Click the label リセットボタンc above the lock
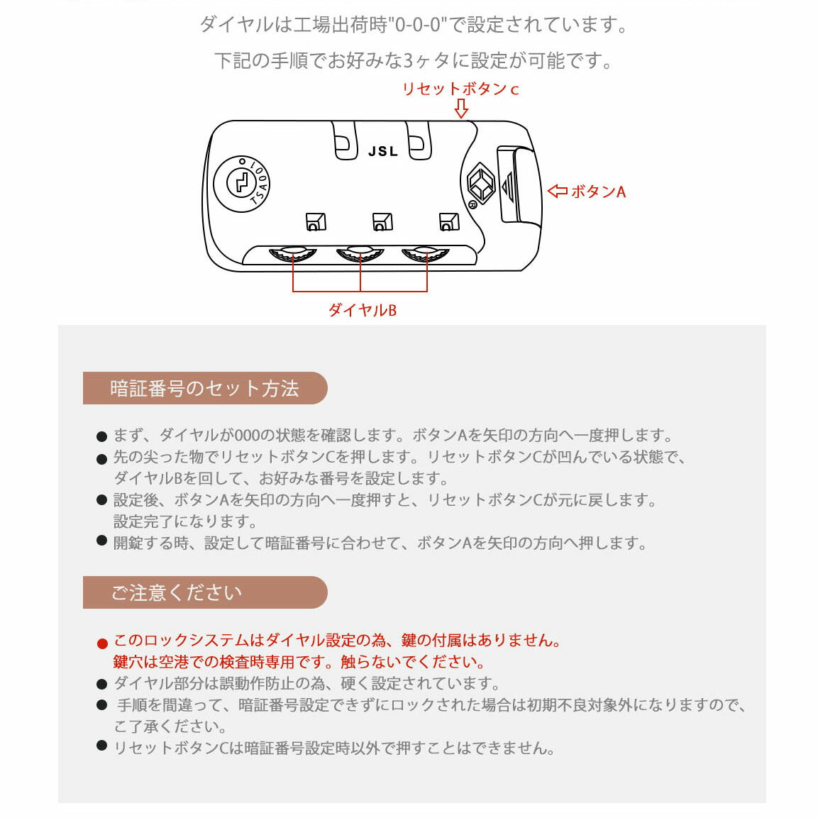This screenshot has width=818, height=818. pyautogui.click(x=460, y=89)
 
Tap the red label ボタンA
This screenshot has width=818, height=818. pyautogui.click(x=597, y=192)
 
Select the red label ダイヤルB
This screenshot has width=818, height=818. pyautogui.click(x=362, y=310)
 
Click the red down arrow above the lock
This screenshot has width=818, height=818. pyautogui.click(x=461, y=109)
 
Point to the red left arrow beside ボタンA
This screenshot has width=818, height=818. pyautogui.click(x=558, y=192)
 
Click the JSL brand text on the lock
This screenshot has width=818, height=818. pyautogui.click(x=383, y=151)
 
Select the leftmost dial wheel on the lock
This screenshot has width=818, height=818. pyautogui.click(x=293, y=253)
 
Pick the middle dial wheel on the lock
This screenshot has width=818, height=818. pyautogui.click(x=360, y=253)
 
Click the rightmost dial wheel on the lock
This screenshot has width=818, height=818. pyautogui.click(x=426, y=253)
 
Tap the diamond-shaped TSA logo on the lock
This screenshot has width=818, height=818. pyautogui.click(x=480, y=183)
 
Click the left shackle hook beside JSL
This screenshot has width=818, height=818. pyautogui.click(x=345, y=140)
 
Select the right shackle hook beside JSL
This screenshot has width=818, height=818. pyautogui.click(x=419, y=140)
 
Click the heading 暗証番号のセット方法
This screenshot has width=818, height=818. pyautogui.click(x=204, y=389)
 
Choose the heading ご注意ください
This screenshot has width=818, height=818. pyautogui.click(x=177, y=592)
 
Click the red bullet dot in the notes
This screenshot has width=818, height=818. pyautogui.click(x=102, y=643)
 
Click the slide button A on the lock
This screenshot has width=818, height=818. pyautogui.click(x=516, y=184)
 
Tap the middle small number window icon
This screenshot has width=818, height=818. pyautogui.click(x=382, y=222)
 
